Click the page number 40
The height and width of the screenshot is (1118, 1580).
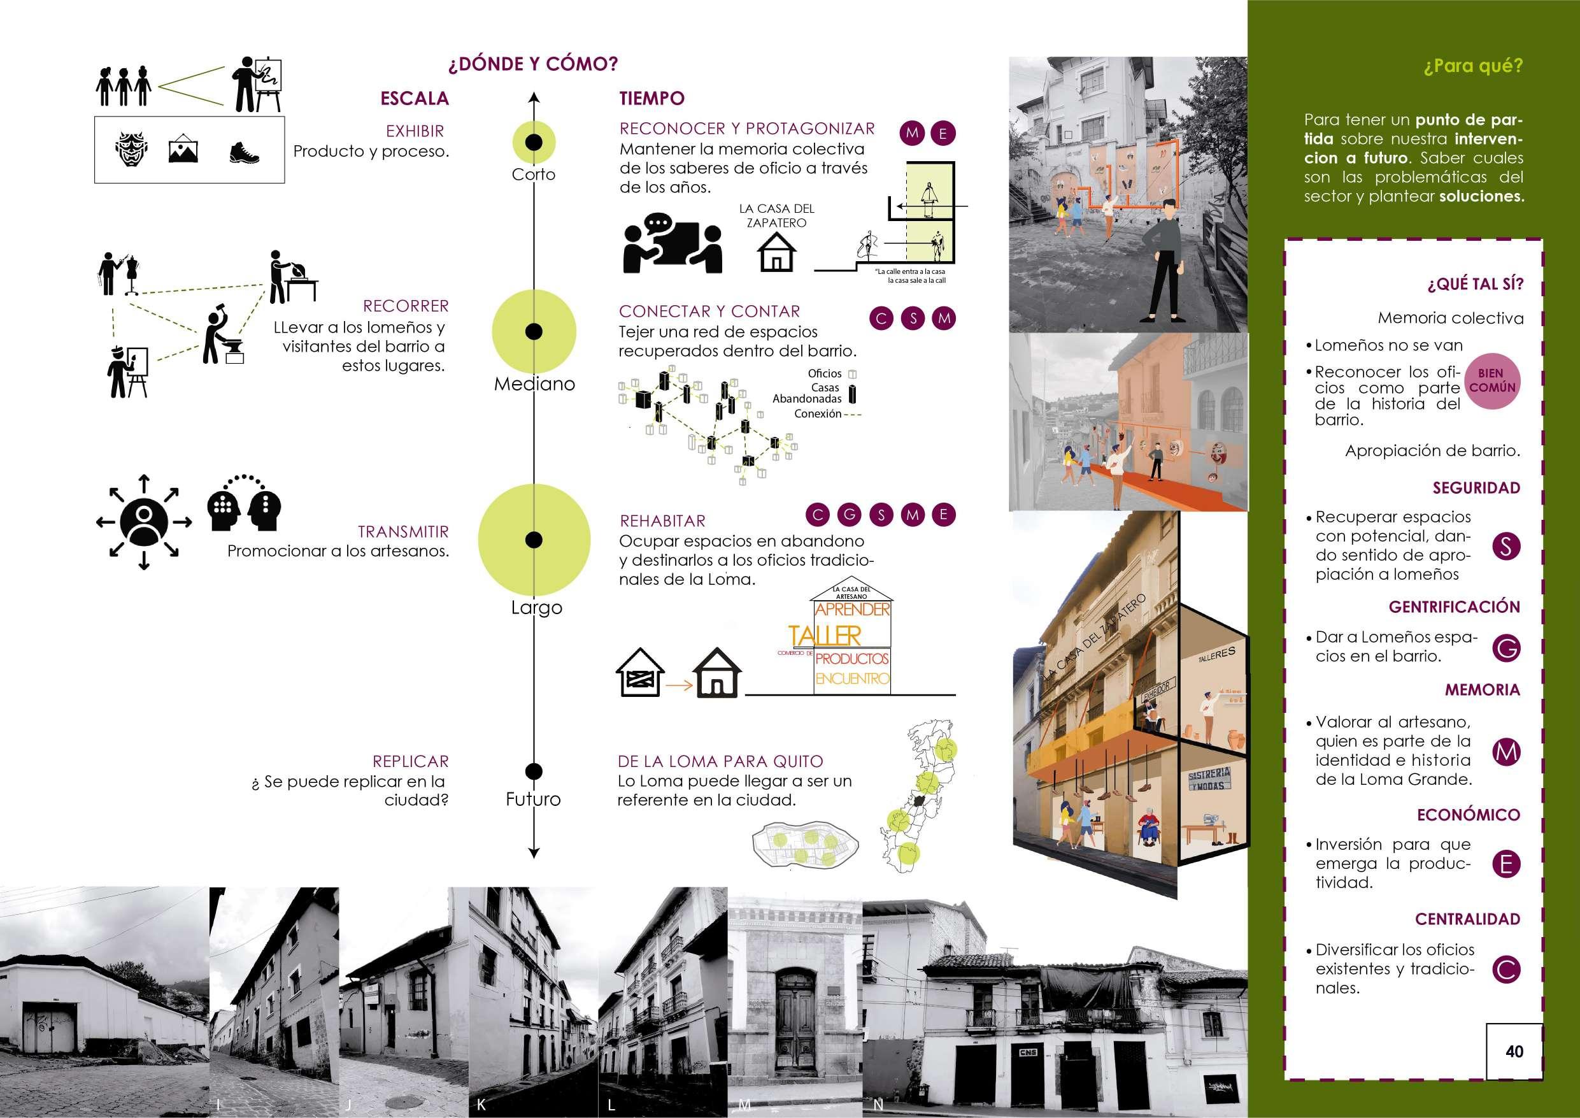click(1514, 1050)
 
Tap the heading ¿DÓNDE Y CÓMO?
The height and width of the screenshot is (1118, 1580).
click(532, 65)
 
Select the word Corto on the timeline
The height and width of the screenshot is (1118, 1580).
click(533, 174)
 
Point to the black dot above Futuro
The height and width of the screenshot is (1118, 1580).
click(533, 771)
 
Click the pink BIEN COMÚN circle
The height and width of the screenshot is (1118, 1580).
click(1492, 381)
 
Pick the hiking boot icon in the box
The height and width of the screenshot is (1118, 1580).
click(245, 152)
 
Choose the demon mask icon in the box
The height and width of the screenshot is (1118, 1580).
click(130, 151)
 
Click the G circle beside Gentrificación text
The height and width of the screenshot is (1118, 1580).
click(1505, 649)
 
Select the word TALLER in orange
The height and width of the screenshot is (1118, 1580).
click(825, 635)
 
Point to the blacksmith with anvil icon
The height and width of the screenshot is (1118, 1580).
click(222, 336)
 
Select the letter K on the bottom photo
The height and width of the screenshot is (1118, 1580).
click(481, 1105)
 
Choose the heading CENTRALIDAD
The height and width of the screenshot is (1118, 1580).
click(1467, 919)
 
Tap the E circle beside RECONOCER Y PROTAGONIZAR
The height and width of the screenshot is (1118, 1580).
click(943, 134)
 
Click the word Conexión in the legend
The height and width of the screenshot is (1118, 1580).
click(818, 413)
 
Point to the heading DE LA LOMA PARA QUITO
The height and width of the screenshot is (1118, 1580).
click(720, 761)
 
